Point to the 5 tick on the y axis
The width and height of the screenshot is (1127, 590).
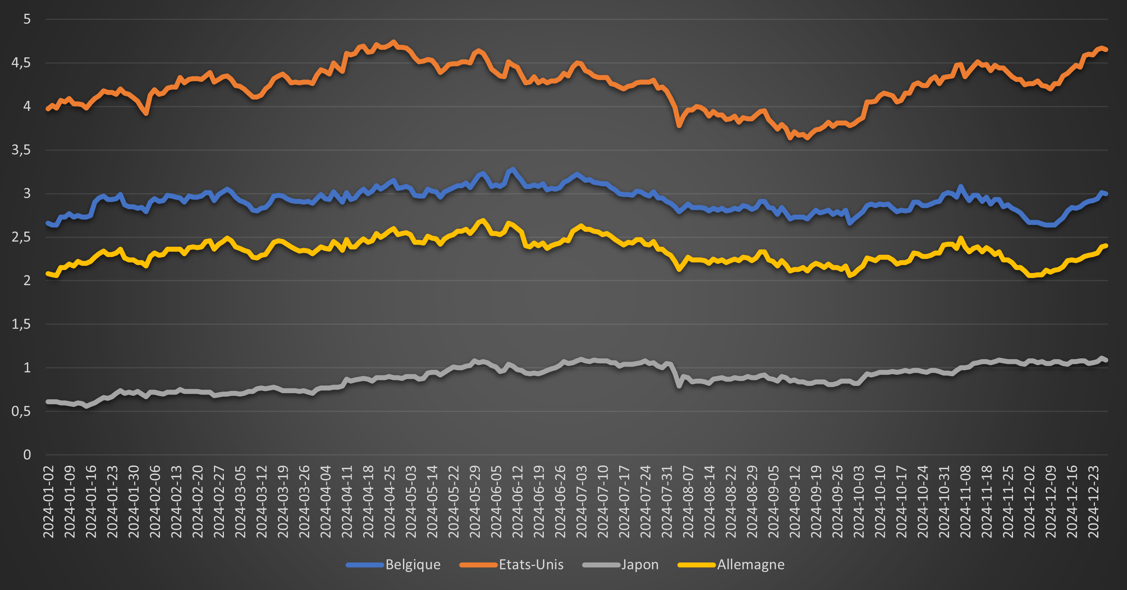click(27, 19)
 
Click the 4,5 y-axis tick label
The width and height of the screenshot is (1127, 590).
click(21, 63)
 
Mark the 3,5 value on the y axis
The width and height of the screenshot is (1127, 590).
click(21, 150)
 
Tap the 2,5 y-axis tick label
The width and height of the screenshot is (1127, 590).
click(21, 237)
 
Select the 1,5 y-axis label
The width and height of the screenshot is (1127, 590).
click(21, 324)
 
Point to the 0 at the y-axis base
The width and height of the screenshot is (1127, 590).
click(27, 455)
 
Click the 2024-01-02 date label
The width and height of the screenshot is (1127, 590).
click(49, 501)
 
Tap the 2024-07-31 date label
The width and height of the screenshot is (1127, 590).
click(667, 501)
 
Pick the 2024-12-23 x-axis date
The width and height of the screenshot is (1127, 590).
click(1093, 501)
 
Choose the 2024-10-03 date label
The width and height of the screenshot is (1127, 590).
click(859, 501)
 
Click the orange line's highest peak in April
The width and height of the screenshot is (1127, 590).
click(393, 42)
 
